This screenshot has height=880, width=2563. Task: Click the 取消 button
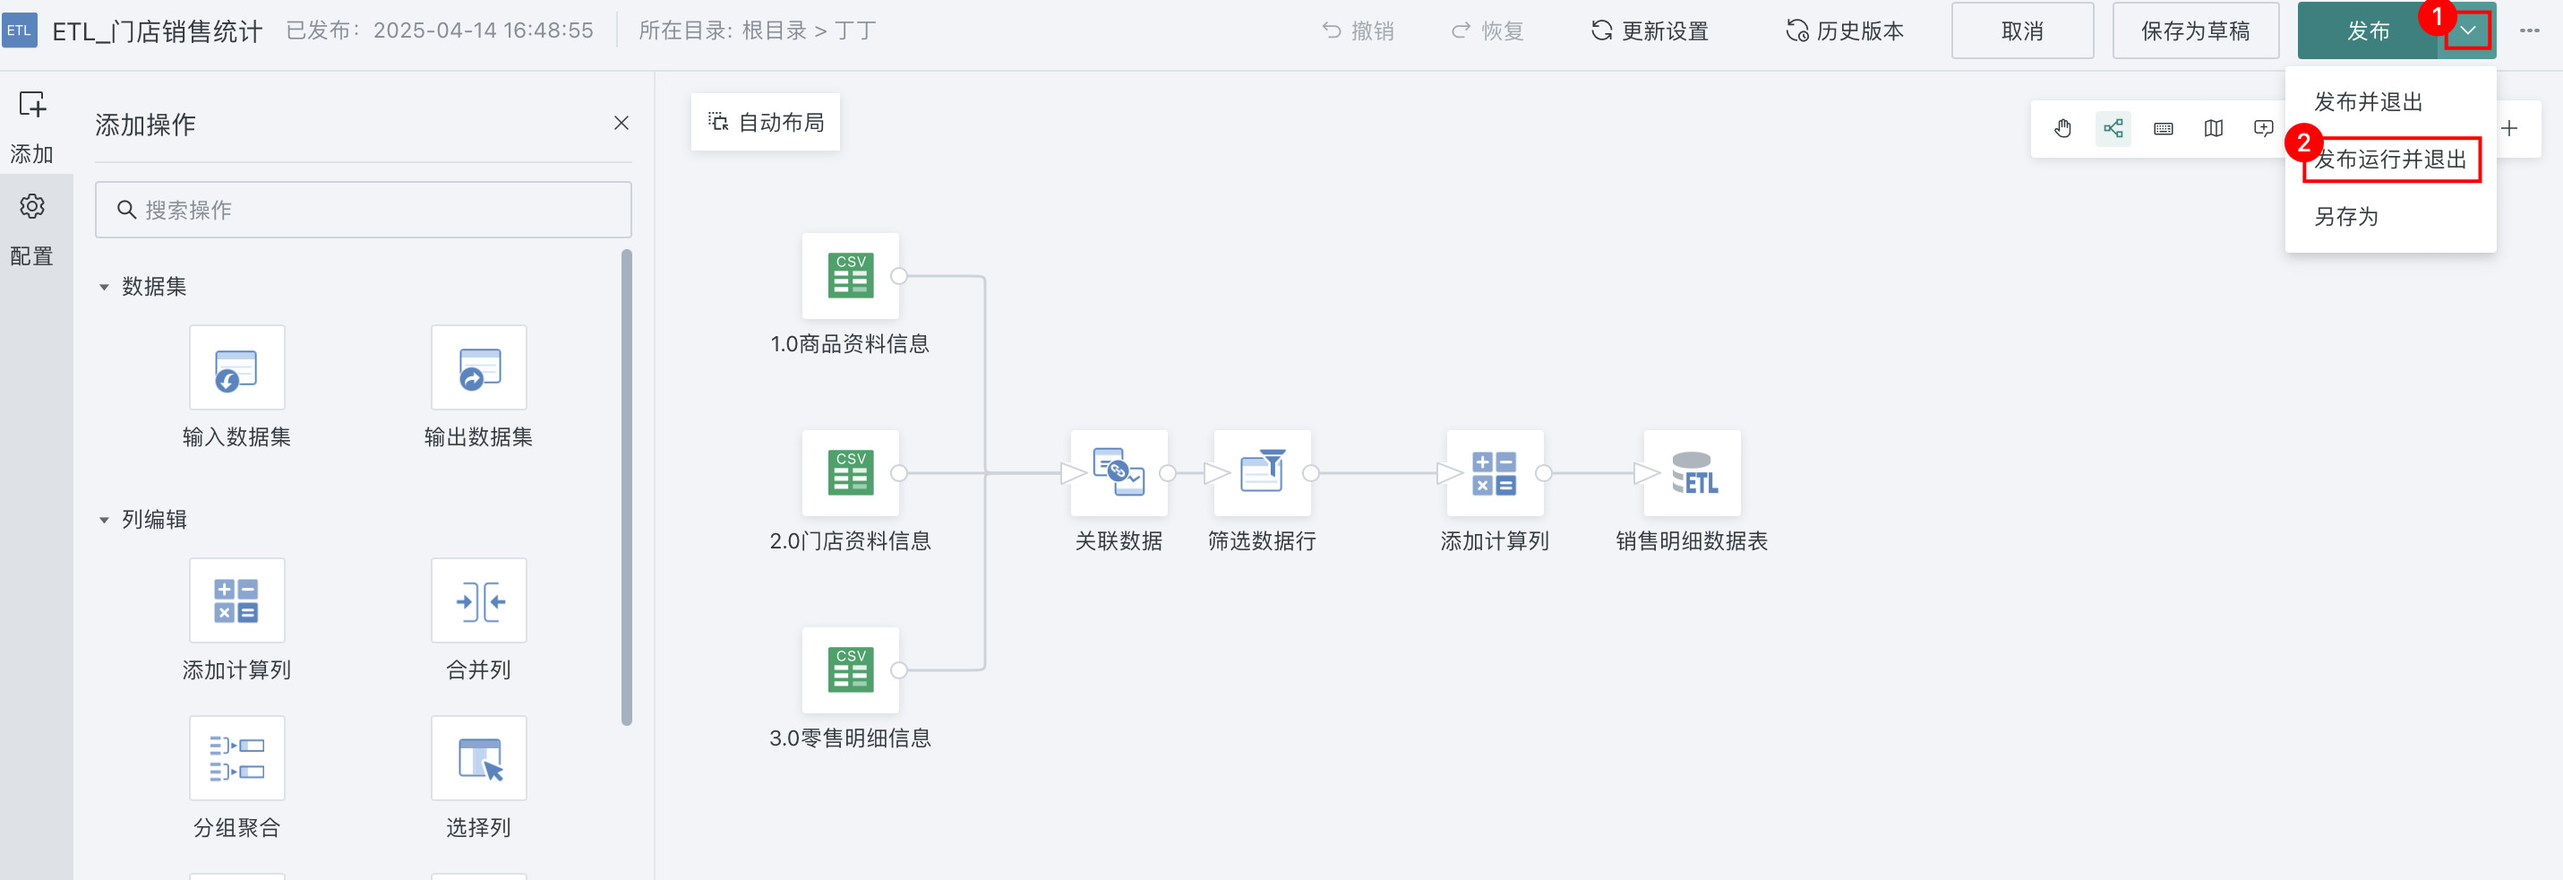pos(2022,30)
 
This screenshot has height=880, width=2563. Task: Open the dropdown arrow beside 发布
pos(2467,30)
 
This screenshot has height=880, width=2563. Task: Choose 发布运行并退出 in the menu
pos(2391,160)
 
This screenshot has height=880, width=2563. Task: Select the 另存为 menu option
pos(2345,217)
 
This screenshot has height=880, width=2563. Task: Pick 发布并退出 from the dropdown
pos(2368,101)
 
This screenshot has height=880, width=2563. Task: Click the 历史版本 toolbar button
pos(1845,30)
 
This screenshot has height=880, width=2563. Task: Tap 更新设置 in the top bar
pos(1649,30)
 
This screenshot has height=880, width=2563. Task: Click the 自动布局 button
pos(765,123)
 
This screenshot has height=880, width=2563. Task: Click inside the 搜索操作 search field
pos(364,210)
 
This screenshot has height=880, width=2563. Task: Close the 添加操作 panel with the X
pos(621,124)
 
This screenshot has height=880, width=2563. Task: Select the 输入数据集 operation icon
pos(236,367)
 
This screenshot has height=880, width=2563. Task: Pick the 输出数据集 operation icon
pos(478,367)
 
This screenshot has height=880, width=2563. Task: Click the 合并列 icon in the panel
pos(478,600)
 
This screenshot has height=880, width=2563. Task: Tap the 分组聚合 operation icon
pos(236,757)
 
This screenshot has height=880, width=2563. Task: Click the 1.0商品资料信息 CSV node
pos(851,276)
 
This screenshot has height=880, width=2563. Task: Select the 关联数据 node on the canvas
pos(1119,473)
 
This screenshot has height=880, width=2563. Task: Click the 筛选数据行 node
pos(1262,473)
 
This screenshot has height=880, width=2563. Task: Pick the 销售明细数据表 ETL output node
pos(1692,473)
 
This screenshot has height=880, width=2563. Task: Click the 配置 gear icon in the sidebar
pos(32,206)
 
